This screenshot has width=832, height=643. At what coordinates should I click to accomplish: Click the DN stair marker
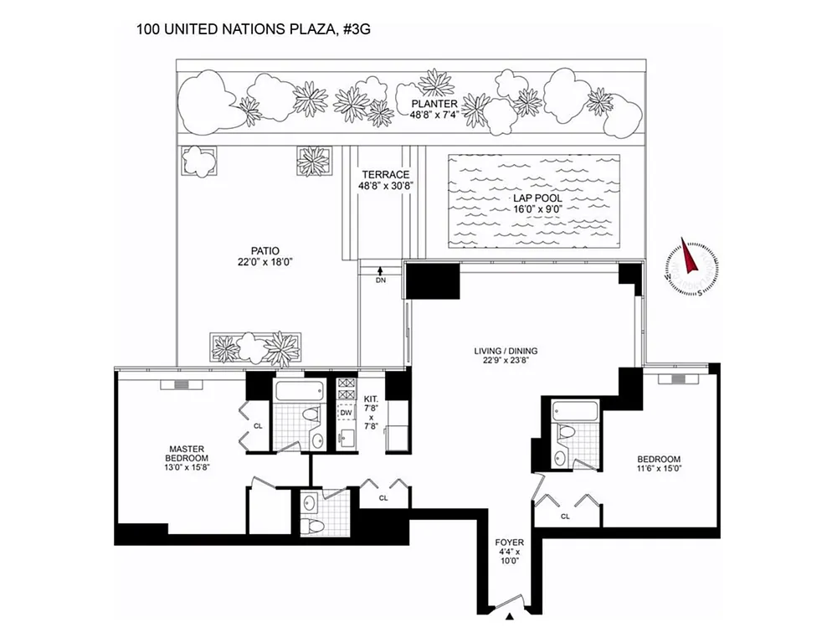coord(380,280)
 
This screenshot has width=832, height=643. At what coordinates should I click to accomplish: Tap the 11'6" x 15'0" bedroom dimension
coord(659,469)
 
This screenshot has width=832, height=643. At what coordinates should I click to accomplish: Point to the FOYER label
coord(509,543)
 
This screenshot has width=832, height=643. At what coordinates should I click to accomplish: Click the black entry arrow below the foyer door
coord(509,618)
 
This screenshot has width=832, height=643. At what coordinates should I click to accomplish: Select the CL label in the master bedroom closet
coord(258,425)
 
